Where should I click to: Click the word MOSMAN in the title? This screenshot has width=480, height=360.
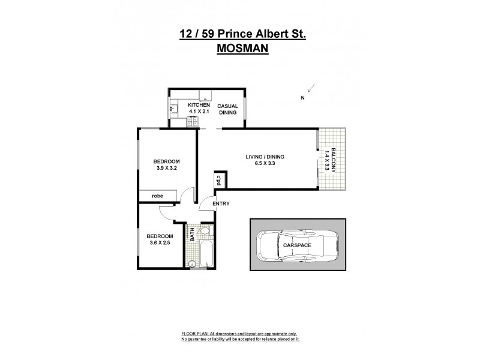point(242,50)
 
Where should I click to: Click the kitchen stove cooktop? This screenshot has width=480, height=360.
point(194,122)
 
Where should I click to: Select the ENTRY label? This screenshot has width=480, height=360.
point(221,204)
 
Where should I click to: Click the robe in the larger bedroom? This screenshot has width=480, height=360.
point(158,196)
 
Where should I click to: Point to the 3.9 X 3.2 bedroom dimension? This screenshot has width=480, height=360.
point(166,169)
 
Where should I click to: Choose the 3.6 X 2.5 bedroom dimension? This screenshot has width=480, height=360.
point(160,243)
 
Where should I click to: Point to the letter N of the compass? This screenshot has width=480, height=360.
point(303,98)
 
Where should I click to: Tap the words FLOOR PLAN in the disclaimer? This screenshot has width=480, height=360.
point(194,333)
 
